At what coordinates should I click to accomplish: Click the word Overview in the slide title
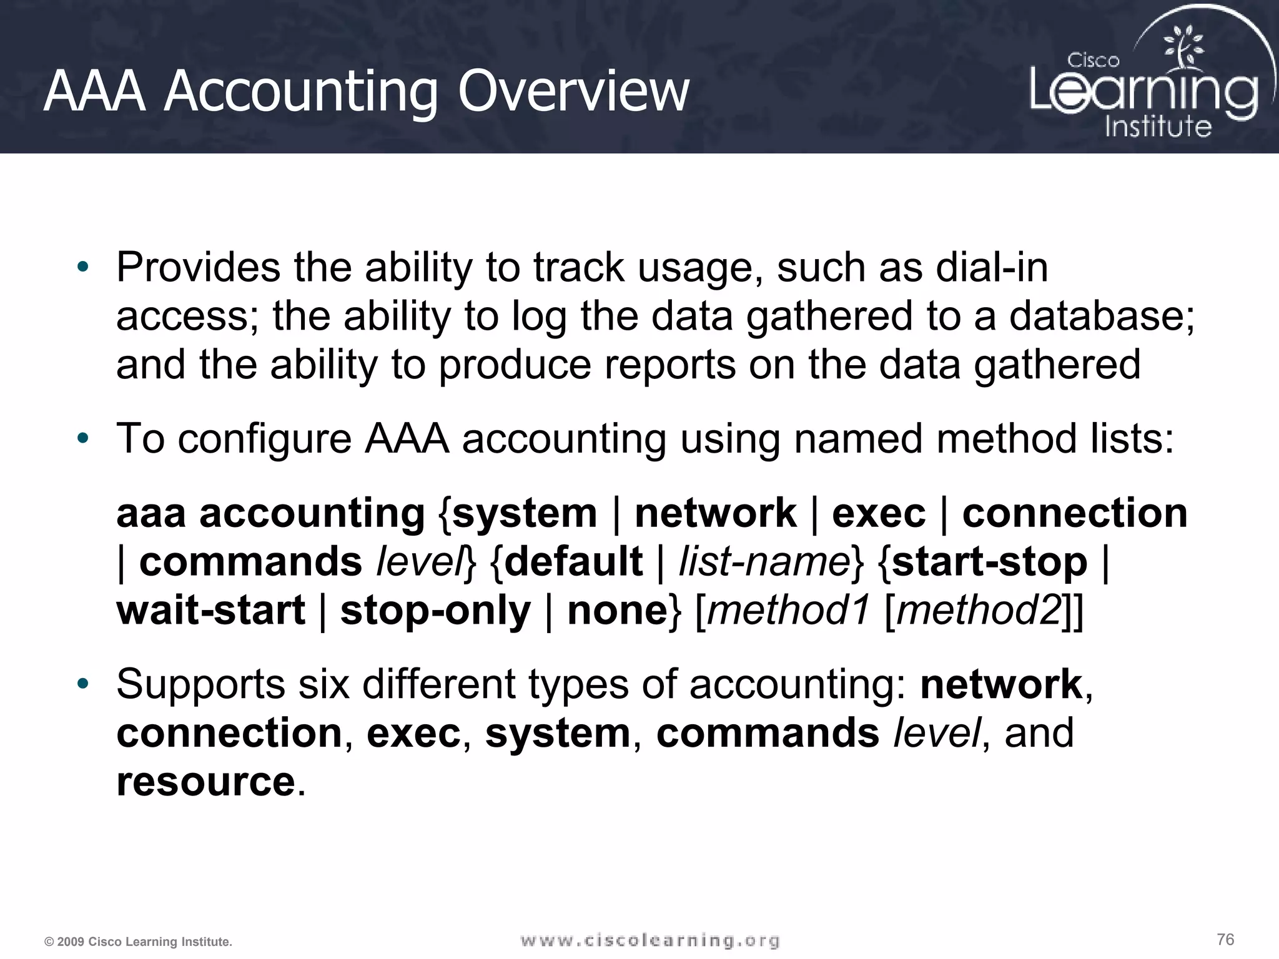573,91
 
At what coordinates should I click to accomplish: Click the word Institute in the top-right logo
1158,126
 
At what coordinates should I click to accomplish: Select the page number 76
1225,939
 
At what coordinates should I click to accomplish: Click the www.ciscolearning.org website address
649,940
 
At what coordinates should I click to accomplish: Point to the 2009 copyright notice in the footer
138,942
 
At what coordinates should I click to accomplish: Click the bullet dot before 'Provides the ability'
83,268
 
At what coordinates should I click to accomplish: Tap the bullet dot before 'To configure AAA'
83,439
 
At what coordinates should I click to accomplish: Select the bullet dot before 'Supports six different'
83,684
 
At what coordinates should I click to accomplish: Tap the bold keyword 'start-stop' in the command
990,561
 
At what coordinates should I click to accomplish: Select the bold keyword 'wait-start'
211,610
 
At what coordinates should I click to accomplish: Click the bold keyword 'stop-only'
435,610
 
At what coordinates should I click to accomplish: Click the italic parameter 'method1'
788,610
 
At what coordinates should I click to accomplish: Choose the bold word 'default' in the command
573,561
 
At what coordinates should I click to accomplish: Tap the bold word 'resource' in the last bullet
205,782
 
